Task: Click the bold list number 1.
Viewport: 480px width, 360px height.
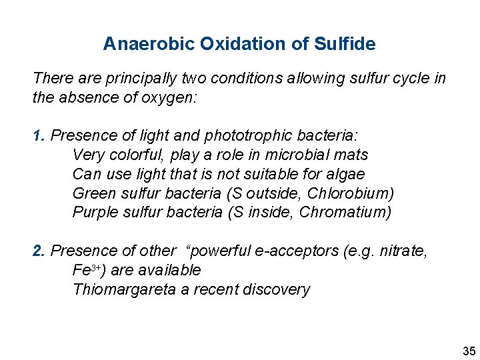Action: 39,136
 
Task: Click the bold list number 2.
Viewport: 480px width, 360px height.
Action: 39,251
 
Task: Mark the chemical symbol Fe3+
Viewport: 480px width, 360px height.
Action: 86,271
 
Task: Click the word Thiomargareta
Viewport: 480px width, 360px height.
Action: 125,290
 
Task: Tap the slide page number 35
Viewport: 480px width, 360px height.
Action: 468,351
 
